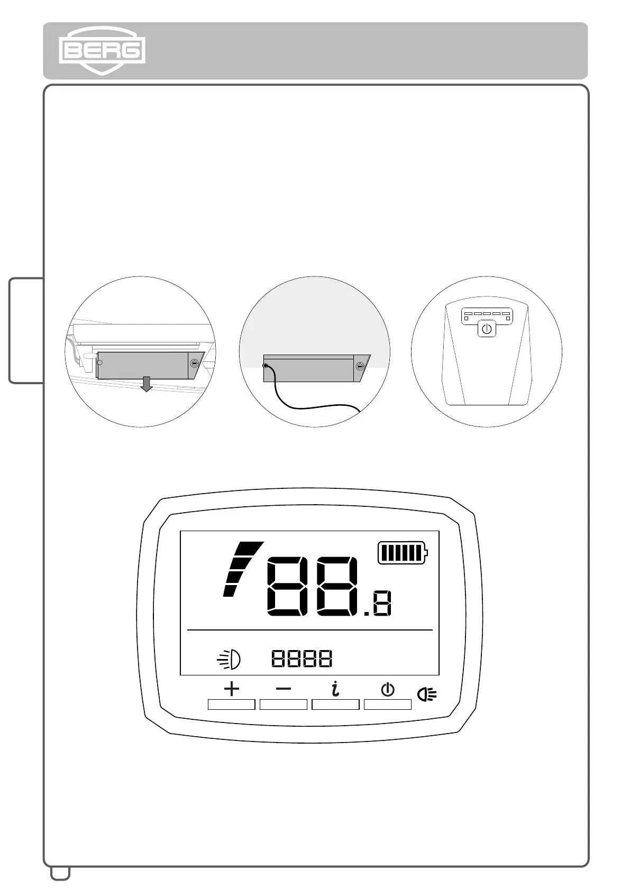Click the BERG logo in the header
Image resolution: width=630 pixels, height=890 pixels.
[102, 51]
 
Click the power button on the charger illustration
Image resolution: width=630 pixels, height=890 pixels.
[487, 329]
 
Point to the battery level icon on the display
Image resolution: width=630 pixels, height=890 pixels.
[403, 553]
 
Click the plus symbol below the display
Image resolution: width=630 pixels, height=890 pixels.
[232, 689]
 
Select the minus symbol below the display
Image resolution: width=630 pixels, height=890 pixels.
[284, 689]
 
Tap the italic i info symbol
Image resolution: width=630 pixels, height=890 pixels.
[335, 689]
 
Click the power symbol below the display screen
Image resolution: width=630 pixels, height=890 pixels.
[388, 689]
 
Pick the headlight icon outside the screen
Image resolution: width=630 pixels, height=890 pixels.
[427, 694]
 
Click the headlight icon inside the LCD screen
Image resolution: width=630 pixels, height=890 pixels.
[230, 659]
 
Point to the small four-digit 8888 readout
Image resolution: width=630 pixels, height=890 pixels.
[302, 659]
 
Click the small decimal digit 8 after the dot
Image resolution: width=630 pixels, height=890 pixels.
[382, 604]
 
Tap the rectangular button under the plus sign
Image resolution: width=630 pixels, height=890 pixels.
[232, 704]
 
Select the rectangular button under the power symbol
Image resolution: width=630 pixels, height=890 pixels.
[388, 704]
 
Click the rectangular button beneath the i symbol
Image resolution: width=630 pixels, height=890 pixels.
[335, 704]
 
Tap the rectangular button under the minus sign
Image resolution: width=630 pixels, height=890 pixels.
[284, 704]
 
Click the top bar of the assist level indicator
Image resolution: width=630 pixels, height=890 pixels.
[249, 547]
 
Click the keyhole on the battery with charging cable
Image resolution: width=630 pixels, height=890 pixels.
[360, 366]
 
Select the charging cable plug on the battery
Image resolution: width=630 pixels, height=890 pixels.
[266, 365]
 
